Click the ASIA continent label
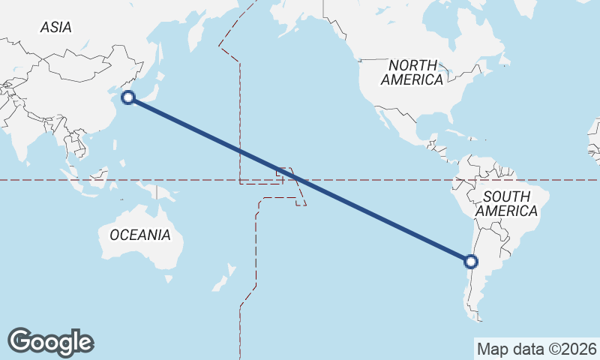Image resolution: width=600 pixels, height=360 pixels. [x=56, y=27]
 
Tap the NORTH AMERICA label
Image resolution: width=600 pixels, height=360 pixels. [x=412, y=72]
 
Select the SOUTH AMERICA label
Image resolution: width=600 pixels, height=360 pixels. [x=506, y=203]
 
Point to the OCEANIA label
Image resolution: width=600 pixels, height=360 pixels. [x=140, y=235]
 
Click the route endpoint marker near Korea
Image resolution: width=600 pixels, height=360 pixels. [x=128, y=97]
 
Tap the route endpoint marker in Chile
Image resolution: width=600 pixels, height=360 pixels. [x=471, y=262]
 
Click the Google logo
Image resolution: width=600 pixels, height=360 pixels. [x=50, y=342]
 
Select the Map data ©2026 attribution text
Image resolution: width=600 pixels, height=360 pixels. [x=536, y=349]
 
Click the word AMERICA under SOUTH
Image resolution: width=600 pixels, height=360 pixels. [x=506, y=211]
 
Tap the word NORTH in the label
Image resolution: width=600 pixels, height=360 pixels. [x=412, y=65]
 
